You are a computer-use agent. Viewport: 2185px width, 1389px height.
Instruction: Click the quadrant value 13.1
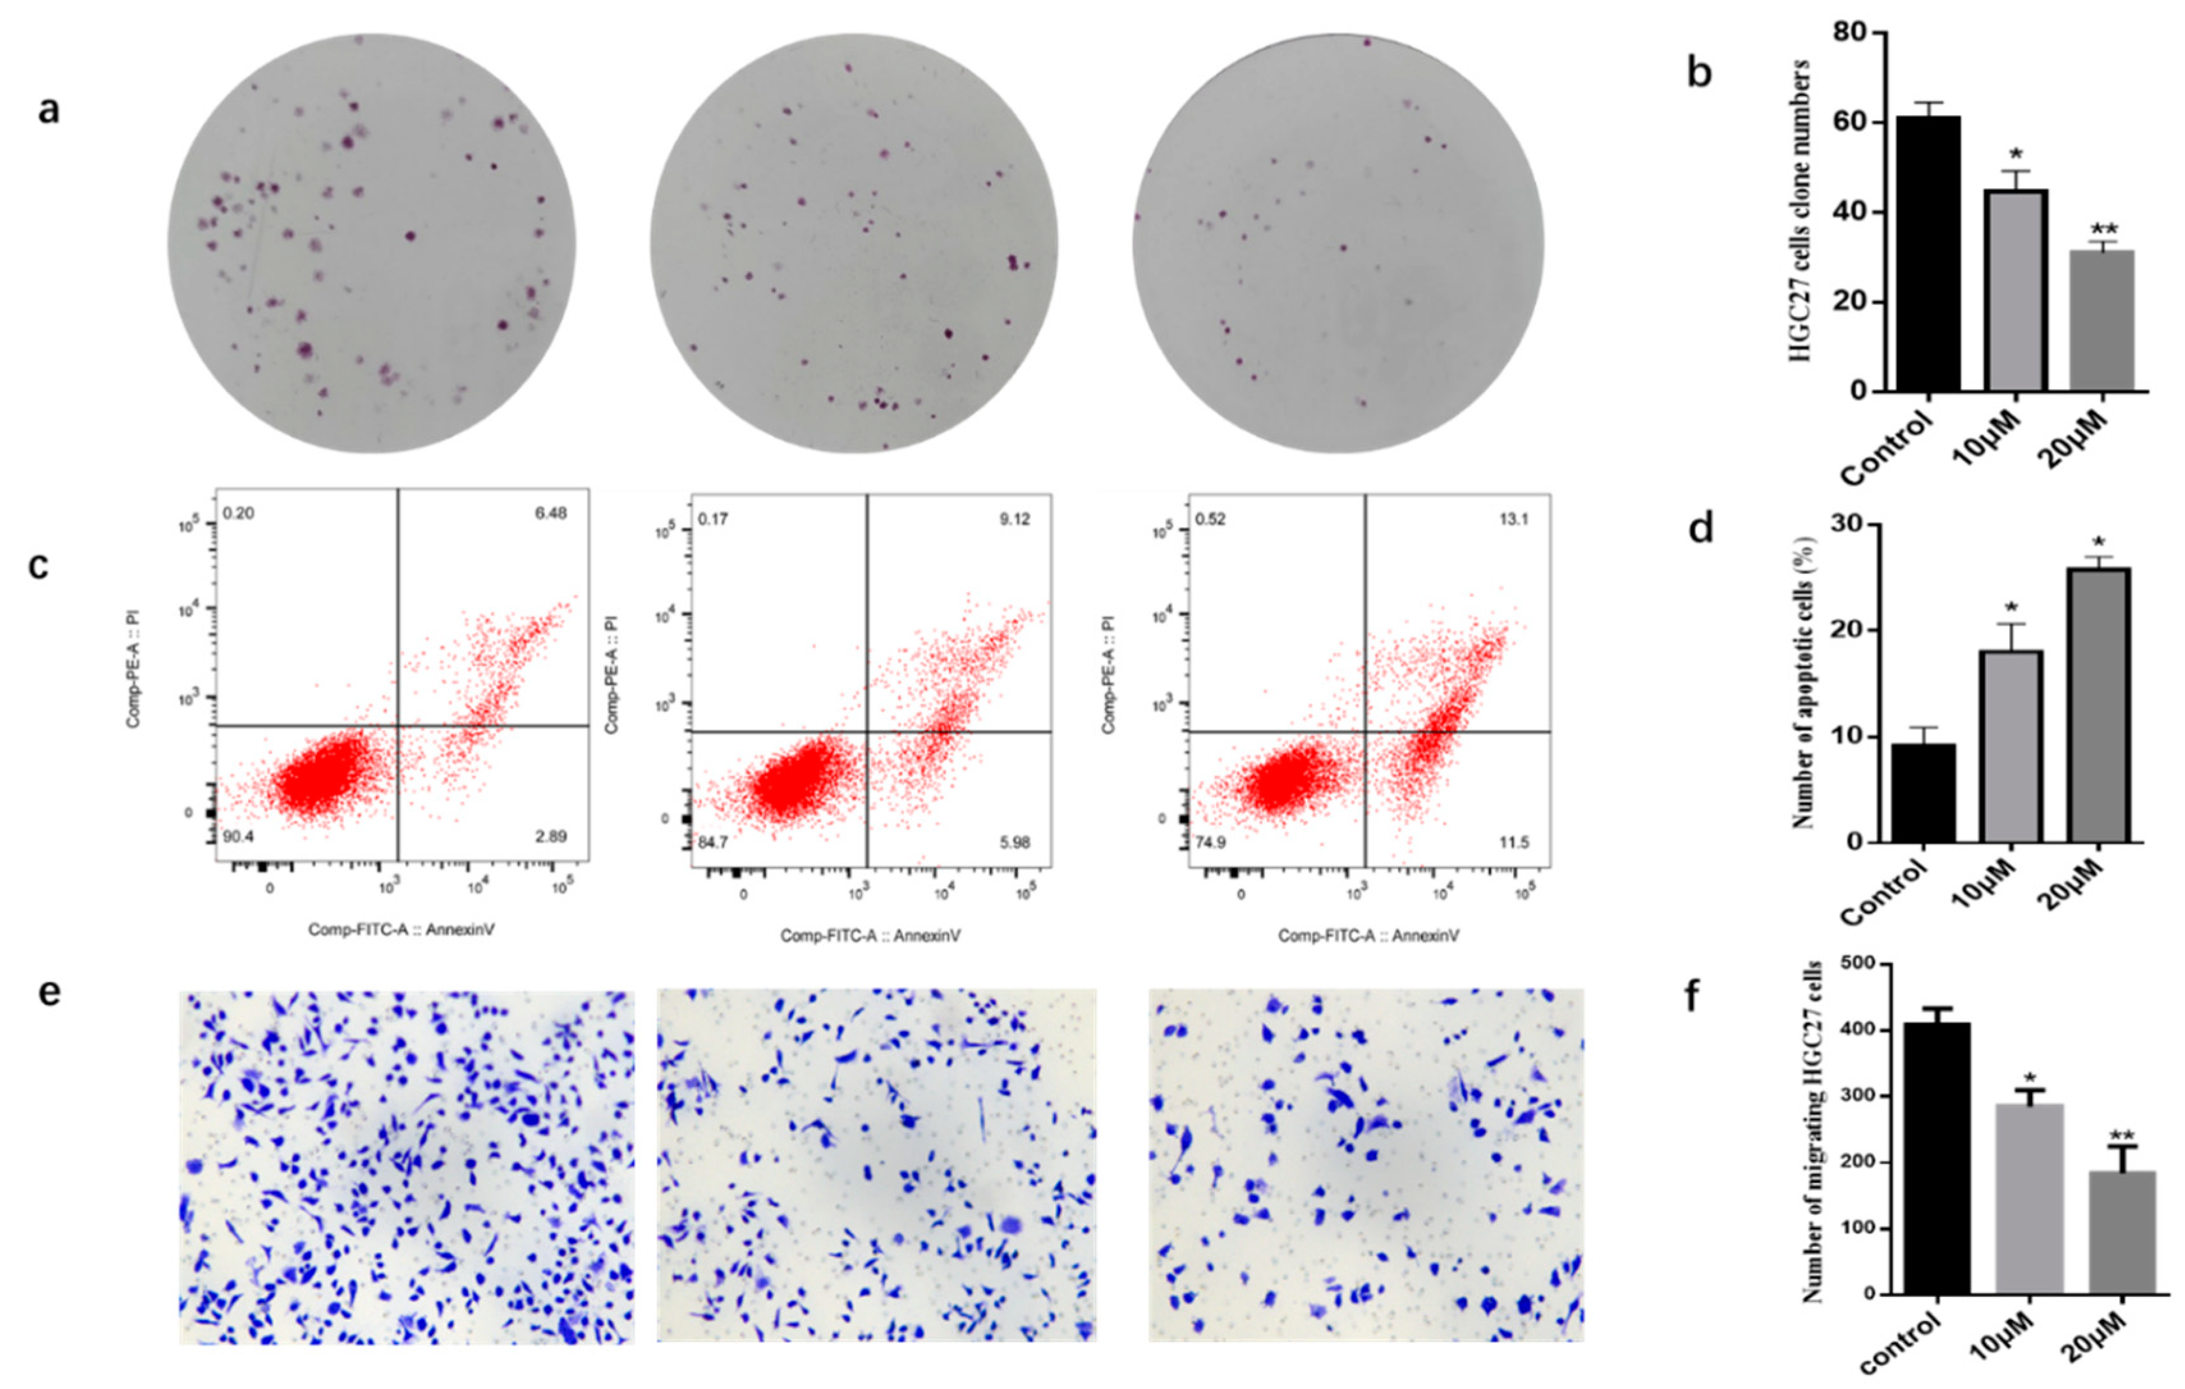(1514, 520)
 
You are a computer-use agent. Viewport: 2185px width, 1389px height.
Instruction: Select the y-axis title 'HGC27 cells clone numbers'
(1802, 210)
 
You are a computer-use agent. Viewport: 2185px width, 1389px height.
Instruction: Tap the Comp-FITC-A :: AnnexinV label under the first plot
(401, 930)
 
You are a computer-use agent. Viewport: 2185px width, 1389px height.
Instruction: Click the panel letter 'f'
(1691, 996)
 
